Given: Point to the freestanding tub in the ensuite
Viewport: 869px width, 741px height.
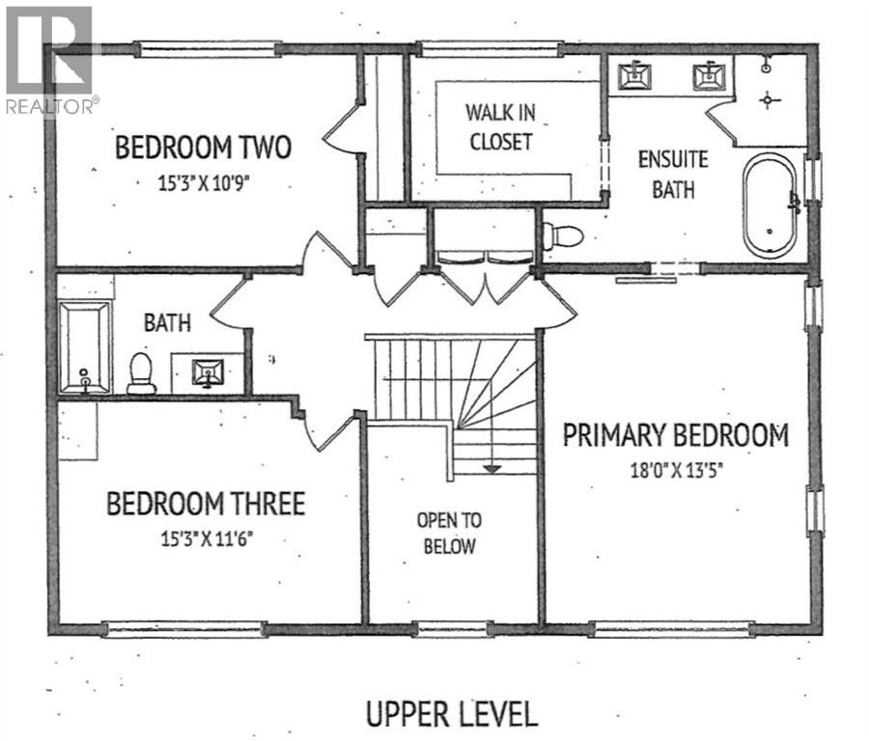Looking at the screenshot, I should click(x=771, y=206).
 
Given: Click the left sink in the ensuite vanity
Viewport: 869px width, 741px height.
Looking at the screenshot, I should click(x=635, y=74).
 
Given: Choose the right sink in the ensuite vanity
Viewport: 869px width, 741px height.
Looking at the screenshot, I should click(x=709, y=74).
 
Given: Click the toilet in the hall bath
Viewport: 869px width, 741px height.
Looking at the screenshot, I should click(x=142, y=372).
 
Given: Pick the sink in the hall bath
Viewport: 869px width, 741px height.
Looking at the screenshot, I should click(x=208, y=371).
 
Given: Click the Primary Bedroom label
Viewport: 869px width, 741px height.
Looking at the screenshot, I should click(x=676, y=435).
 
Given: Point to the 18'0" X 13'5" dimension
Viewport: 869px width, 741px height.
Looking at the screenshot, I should click(x=676, y=471).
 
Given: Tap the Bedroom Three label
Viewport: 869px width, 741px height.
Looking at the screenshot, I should click(x=206, y=504).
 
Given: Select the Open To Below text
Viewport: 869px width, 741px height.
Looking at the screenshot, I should click(x=449, y=533).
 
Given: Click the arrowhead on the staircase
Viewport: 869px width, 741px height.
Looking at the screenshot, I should click(x=491, y=468).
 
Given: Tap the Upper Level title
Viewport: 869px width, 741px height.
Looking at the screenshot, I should click(x=451, y=715).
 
